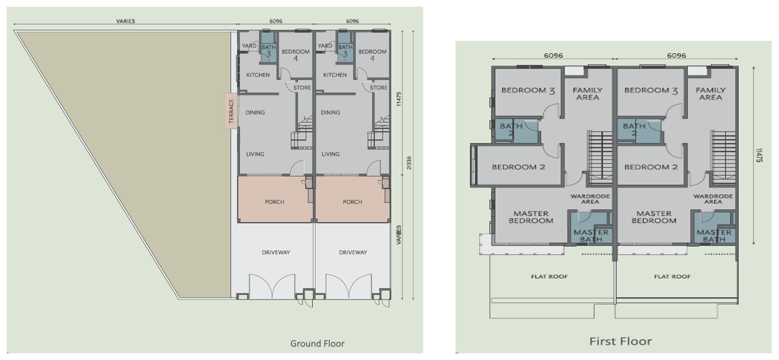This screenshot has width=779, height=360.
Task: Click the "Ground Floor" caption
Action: tap(317, 344)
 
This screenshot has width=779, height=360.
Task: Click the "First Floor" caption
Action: tap(621, 341)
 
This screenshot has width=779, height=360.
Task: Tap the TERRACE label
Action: tap(231, 111)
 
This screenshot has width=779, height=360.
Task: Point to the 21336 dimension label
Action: tap(409, 163)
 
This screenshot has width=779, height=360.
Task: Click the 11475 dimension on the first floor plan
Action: tap(759, 155)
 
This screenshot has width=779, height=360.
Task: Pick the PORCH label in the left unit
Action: tap(274, 202)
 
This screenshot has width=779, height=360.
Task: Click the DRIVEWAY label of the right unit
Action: tap(353, 253)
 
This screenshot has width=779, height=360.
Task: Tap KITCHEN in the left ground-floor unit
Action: tap(257, 75)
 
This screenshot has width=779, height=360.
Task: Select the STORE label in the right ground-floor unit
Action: tap(379, 88)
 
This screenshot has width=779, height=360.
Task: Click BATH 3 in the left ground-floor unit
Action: tap(269, 50)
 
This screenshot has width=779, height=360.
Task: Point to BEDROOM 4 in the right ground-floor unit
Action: tap(372, 55)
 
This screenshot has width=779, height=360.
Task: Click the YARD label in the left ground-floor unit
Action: tap(249, 45)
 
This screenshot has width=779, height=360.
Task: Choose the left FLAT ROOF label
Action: tap(549, 277)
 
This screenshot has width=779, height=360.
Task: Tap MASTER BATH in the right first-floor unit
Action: tap(714, 236)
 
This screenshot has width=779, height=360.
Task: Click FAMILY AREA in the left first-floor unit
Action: tap(588, 93)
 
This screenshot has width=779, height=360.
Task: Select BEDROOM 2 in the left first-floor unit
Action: tap(518, 167)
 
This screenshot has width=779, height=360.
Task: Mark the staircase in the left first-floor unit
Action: tap(600, 157)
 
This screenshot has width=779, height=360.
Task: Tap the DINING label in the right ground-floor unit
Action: tap(330, 113)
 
